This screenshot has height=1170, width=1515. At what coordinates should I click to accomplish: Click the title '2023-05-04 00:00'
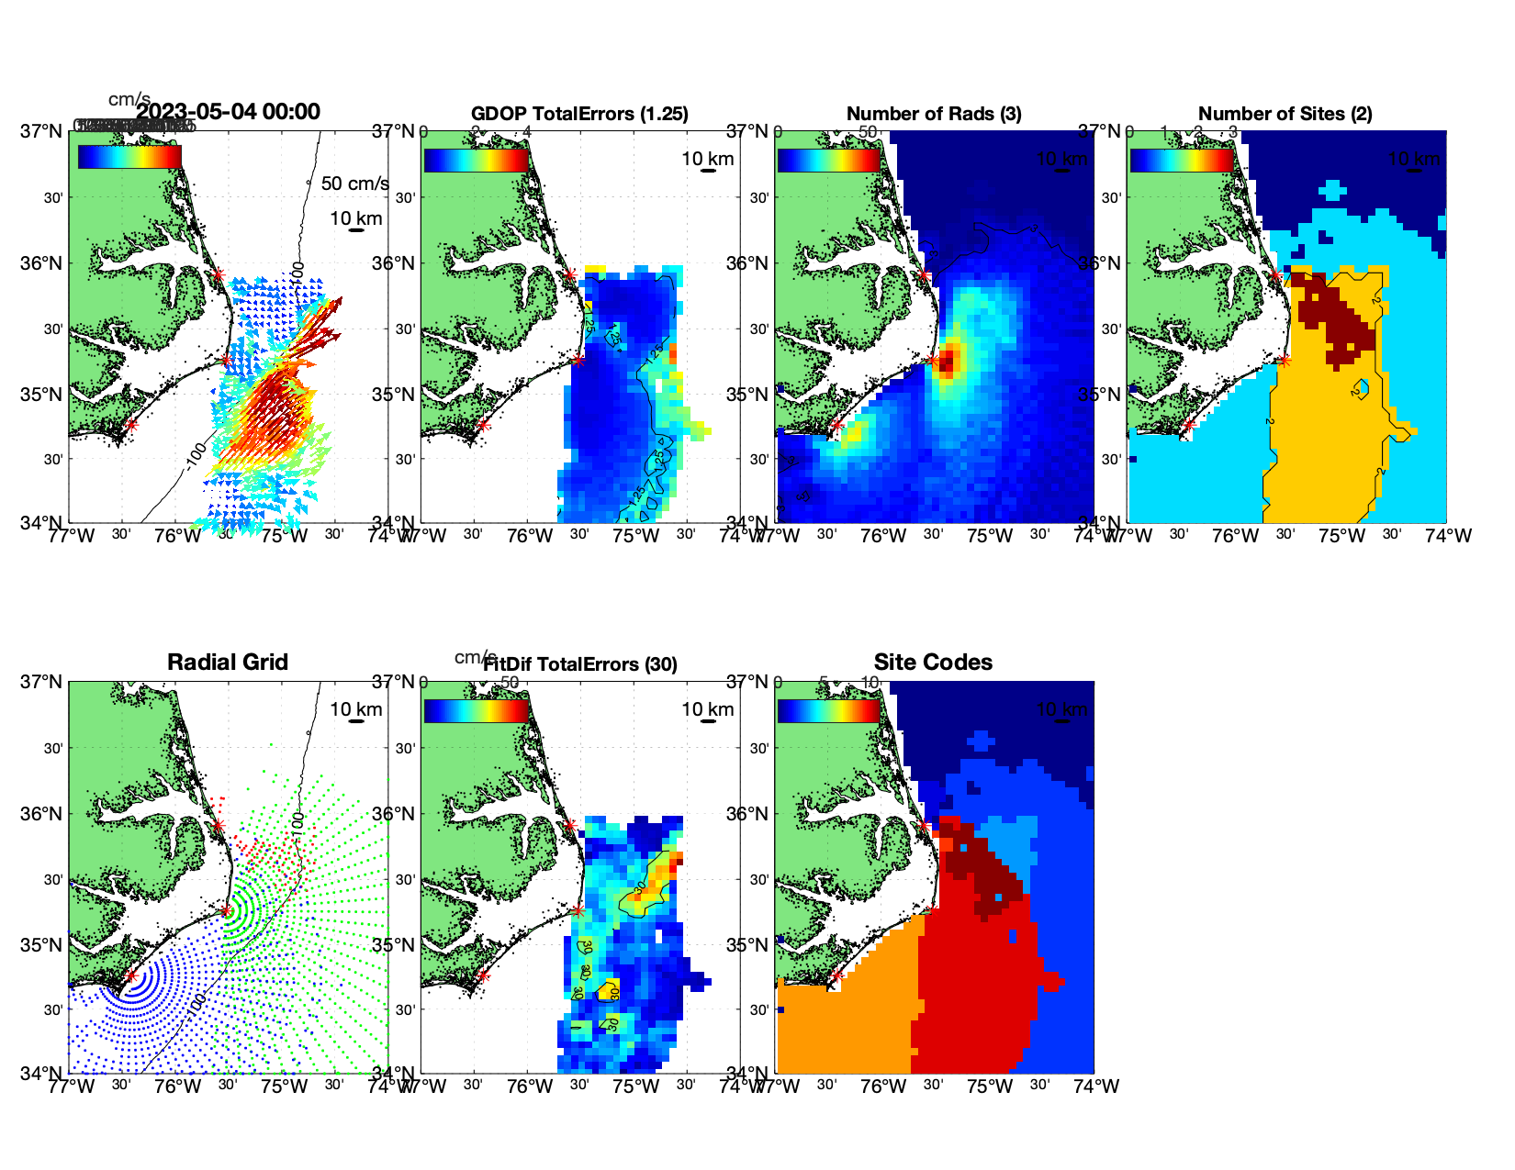[x=228, y=112]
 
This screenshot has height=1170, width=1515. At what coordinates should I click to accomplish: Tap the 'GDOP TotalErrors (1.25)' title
[x=579, y=114]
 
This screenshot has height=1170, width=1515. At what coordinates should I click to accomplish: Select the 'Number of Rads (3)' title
[x=934, y=114]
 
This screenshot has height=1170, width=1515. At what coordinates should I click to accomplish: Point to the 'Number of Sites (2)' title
[x=1285, y=114]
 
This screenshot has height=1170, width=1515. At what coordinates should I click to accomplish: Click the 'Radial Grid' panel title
[x=228, y=663]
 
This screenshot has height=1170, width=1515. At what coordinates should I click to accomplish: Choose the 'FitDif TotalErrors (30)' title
[x=580, y=664]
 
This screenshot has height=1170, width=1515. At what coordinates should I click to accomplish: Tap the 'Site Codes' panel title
[x=933, y=663]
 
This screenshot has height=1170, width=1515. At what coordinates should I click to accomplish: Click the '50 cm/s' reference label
[x=354, y=184]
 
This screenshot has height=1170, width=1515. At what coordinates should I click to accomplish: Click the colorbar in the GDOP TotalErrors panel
[x=476, y=160]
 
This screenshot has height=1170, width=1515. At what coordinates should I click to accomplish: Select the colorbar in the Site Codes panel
[x=828, y=710]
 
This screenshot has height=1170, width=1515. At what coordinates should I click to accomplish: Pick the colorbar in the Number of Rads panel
[x=828, y=160]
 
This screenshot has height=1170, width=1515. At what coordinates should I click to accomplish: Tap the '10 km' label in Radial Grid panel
[x=356, y=709]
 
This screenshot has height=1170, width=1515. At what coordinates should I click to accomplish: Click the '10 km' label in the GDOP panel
[x=707, y=159]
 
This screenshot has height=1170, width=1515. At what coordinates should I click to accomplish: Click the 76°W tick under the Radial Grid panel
[x=177, y=1086]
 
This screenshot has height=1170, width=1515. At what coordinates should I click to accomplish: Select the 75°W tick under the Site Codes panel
[x=989, y=1086]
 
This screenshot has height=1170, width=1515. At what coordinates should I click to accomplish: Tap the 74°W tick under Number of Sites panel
[x=1448, y=536]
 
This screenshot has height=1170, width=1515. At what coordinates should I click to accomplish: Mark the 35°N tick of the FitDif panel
[x=398, y=945]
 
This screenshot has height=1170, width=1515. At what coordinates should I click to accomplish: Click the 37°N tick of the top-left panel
[x=42, y=131]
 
